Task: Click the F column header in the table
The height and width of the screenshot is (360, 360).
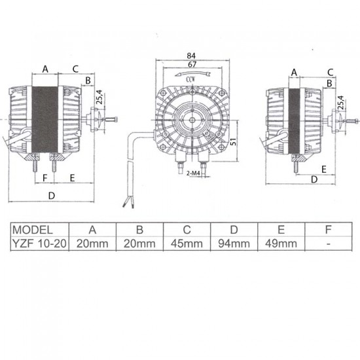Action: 329,230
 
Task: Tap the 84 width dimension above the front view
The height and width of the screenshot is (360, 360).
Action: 192,56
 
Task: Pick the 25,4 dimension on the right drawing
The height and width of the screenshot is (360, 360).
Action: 340,103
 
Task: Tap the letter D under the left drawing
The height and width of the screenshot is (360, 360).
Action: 51,196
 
